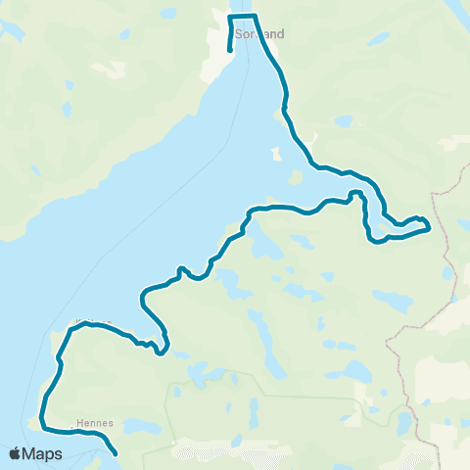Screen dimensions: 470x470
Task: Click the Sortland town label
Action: coord(261,34)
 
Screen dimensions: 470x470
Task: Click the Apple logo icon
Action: coord(16,453)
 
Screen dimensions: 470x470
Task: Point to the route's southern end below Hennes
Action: coord(117,453)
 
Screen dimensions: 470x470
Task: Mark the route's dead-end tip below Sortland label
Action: coord(229,50)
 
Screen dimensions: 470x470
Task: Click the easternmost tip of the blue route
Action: coord(430,229)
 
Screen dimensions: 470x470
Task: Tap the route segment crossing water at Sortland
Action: coord(243,17)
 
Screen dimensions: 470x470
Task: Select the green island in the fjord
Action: coord(295,179)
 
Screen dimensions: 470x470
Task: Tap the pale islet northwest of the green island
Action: coord(276,154)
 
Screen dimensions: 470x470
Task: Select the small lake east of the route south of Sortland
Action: coord(342,121)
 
